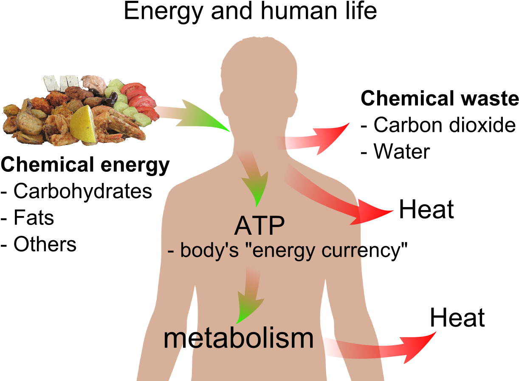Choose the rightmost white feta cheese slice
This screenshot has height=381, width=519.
click(x=72, y=81)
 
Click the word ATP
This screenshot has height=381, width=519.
click(x=259, y=226)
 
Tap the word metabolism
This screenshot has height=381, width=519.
click(x=238, y=338)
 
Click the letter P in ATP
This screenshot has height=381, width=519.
click(x=276, y=226)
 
